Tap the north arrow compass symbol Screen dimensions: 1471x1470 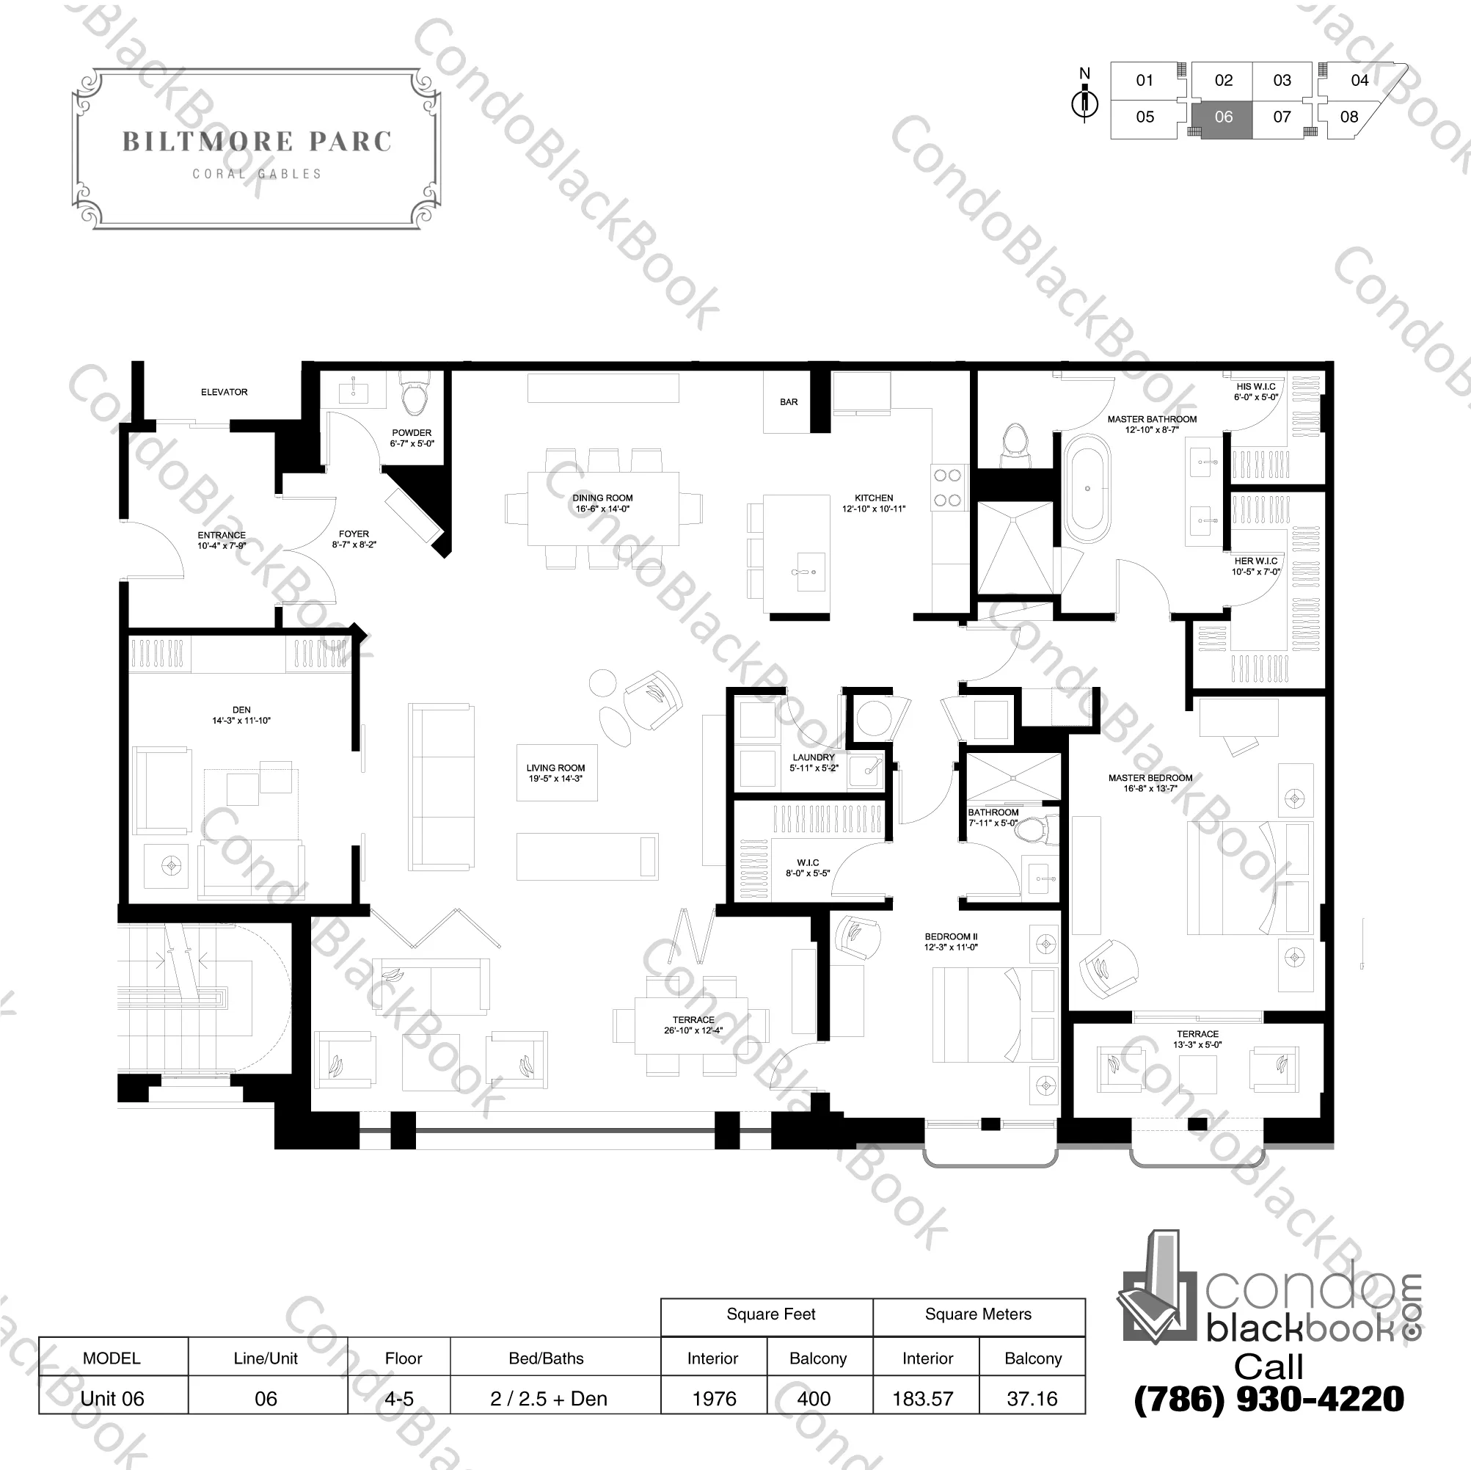pyautogui.click(x=1085, y=103)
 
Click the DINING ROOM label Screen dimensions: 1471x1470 pyautogui.click(x=602, y=498)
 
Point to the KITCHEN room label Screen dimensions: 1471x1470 pyautogui.click(x=874, y=498)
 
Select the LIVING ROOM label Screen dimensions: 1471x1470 pyautogui.click(x=556, y=768)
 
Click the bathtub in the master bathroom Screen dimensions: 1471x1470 pyautogui.click(x=1087, y=488)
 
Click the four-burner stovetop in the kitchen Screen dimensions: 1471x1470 pyautogui.click(x=947, y=488)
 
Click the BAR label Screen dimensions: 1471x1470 pyautogui.click(x=789, y=401)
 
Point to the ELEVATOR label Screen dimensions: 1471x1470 pyautogui.click(x=224, y=392)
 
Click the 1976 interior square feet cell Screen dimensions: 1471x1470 pyautogui.click(x=714, y=1398)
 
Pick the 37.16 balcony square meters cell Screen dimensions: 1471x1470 pyautogui.click(x=1032, y=1398)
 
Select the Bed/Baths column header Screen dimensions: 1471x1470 pyautogui.click(x=546, y=1358)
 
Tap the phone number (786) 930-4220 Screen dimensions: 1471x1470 pyautogui.click(x=1269, y=1398)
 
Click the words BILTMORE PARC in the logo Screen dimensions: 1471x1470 pyautogui.click(x=258, y=142)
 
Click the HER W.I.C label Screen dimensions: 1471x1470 pyautogui.click(x=1255, y=561)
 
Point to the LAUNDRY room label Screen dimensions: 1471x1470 pyautogui.click(x=814, y=758)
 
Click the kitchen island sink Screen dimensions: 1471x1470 pyautogui.click(x=804, y=571)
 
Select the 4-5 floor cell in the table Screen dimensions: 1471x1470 pyautogui.click(x=399, y=1398)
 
